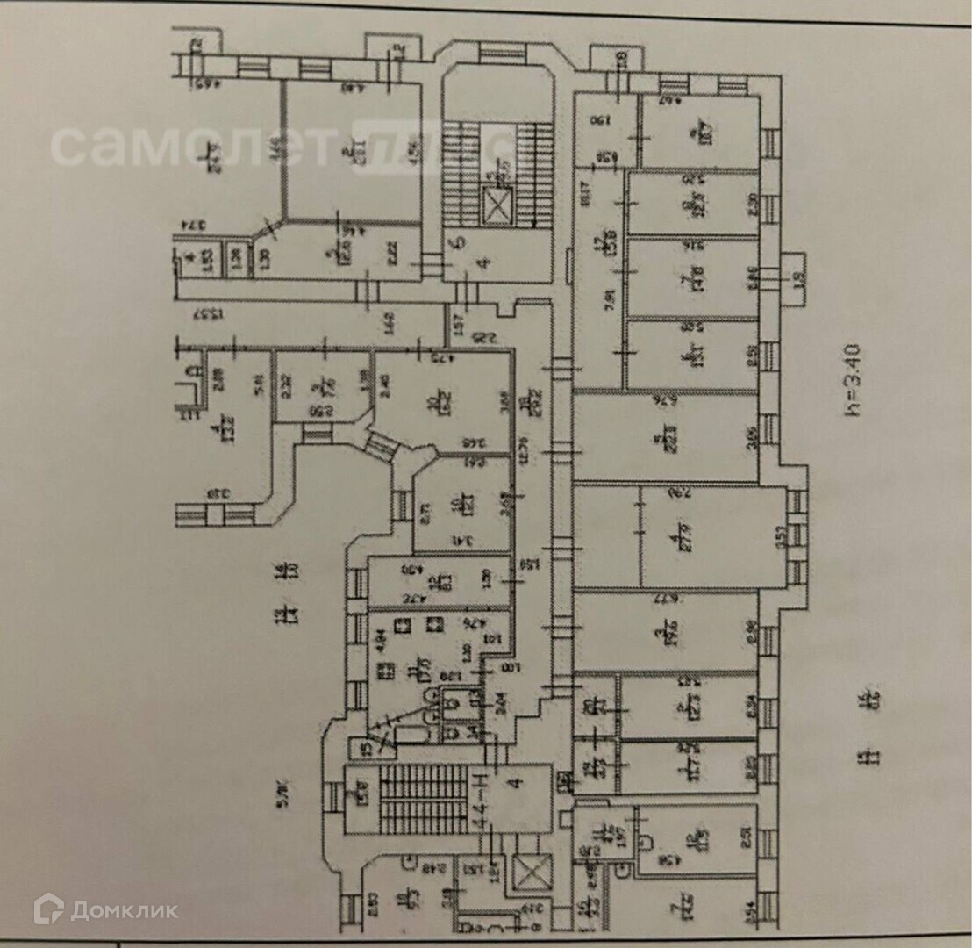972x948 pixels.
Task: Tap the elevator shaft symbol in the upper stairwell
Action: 497,209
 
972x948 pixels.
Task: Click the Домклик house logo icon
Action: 48,908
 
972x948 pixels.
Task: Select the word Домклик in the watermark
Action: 124,909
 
